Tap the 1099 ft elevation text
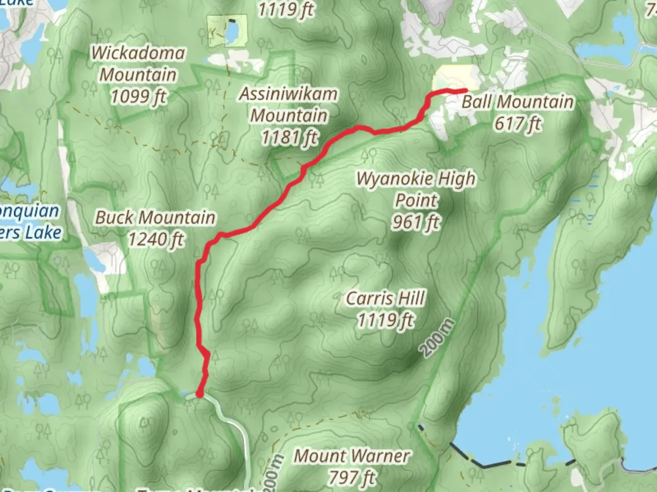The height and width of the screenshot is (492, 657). (x=139, y=96)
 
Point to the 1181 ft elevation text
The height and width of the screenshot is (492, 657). (x=289, y=137)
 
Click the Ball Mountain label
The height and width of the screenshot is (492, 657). (x=517, y=102)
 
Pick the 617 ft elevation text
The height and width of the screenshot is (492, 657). (x=518, y=123)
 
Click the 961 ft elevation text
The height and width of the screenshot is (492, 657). (x=416, y=222)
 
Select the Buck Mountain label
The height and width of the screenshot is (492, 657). (x=155, y=217)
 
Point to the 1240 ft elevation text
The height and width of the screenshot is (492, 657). (x=156, y=239)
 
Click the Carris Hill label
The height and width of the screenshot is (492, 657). (x=386, y=299)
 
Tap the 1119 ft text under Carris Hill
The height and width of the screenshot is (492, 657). (x=386, y=320)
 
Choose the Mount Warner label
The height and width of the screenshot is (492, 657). (x=352, y=456)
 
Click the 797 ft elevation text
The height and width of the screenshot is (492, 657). (x=352, y=477)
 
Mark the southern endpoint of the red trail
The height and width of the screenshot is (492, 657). (x=200, y=394)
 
